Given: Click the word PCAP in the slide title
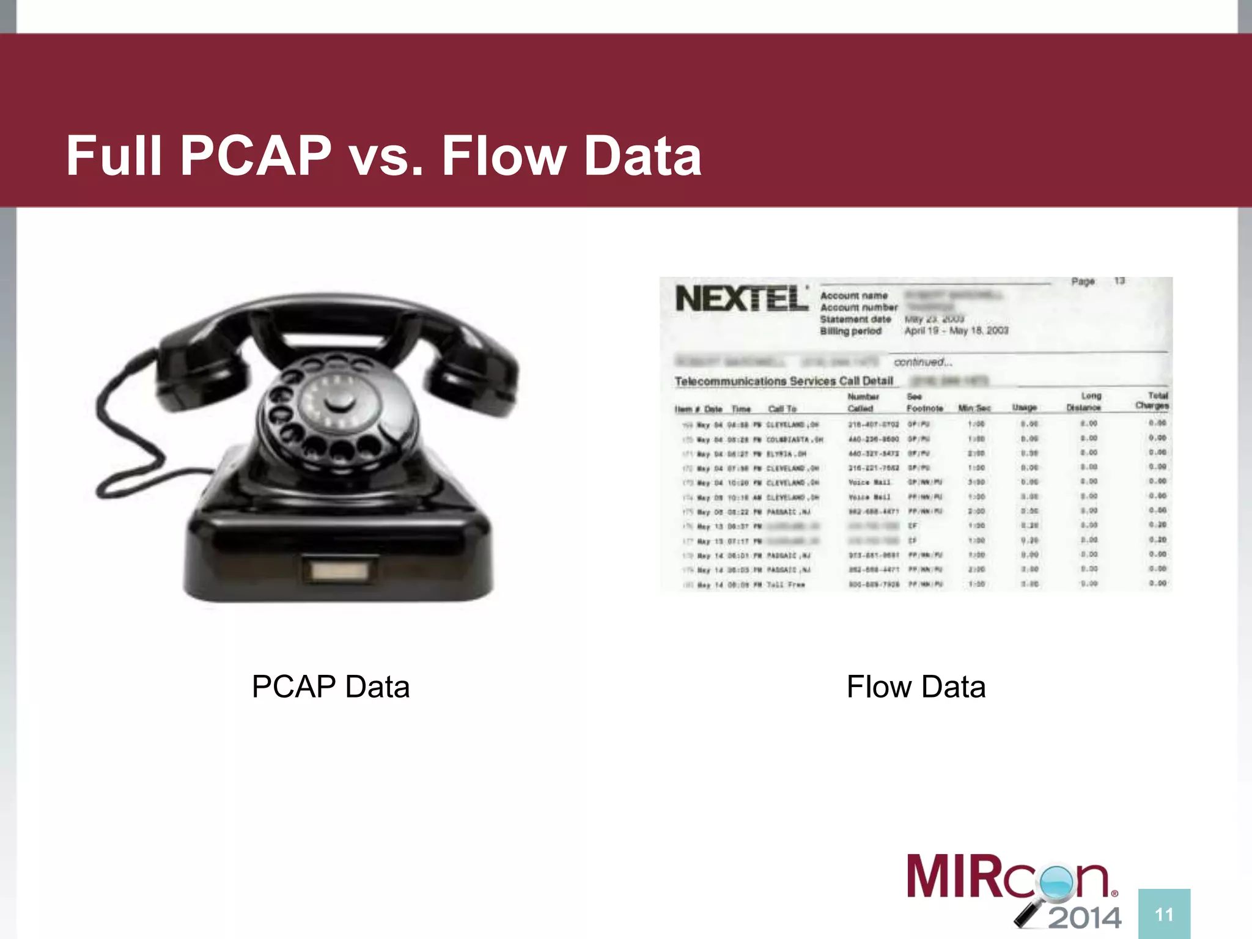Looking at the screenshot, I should click(256, 156).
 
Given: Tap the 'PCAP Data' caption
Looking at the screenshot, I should click(331, 687).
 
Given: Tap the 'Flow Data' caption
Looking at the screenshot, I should click(916, 687).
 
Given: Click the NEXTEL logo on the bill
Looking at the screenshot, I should click(742, 299).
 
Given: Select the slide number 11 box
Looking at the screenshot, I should click(1164, 914).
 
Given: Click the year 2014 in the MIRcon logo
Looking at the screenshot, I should click(1084, 918).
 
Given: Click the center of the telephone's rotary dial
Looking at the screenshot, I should click(338, 402).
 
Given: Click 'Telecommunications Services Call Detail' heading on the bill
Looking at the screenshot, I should click(784, 381).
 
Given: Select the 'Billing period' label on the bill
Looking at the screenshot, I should click(850, 331).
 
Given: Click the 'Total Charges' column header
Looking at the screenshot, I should click(1152, 400).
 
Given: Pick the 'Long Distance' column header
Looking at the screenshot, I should click(1084, 402).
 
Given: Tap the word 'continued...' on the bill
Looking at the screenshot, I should click(922, 362).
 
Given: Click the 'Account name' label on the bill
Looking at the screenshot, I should click(853, 295).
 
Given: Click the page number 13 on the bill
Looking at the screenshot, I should click(1119, 281).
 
